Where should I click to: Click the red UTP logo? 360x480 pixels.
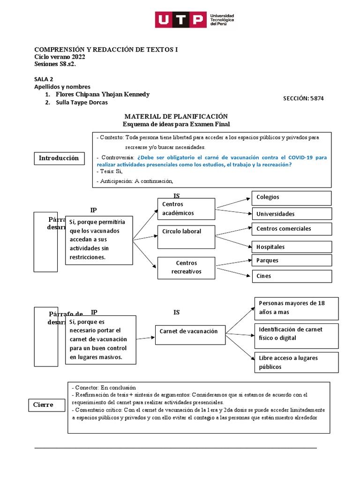[180, 20]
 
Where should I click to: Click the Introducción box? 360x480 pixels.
[59, 158]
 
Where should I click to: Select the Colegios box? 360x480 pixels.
[292, 198]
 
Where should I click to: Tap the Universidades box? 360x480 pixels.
[292, 214]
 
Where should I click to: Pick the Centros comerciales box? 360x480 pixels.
[292, 229]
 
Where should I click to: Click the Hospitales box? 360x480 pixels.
[292, 247]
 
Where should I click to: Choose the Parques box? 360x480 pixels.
[292, 260]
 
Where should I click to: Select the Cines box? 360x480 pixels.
[292, 276]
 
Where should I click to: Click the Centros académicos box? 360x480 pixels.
[186, 209]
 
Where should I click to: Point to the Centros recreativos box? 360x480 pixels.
[186, 267]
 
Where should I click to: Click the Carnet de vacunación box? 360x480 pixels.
[190, 331]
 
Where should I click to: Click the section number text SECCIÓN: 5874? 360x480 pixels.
[303, 98]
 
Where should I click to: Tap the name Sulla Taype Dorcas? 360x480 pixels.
[82, 103]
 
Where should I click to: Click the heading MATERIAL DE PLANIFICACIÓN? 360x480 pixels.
[176, 116]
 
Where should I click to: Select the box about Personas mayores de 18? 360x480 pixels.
[295, 307]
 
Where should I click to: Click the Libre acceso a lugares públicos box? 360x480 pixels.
[295, 362]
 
